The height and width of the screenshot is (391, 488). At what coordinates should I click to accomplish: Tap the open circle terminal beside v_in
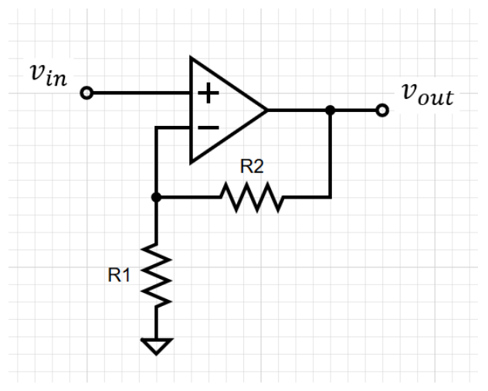86,93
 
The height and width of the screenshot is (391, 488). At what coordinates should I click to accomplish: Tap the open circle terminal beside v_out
381,110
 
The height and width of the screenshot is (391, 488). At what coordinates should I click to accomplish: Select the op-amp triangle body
224,110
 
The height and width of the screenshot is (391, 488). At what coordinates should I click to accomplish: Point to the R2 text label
252,165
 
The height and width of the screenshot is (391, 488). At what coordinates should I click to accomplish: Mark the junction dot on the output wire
330,110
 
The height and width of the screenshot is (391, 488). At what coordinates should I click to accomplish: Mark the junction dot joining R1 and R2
156,197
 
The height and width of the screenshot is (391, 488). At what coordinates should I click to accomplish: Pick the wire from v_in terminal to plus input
139,93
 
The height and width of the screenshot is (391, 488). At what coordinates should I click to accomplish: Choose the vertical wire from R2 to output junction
330,155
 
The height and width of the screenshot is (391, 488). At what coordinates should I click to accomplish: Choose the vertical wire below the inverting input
156,162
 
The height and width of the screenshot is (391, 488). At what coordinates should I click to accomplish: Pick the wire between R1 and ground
156,323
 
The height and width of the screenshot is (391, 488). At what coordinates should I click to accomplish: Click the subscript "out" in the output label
437,99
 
